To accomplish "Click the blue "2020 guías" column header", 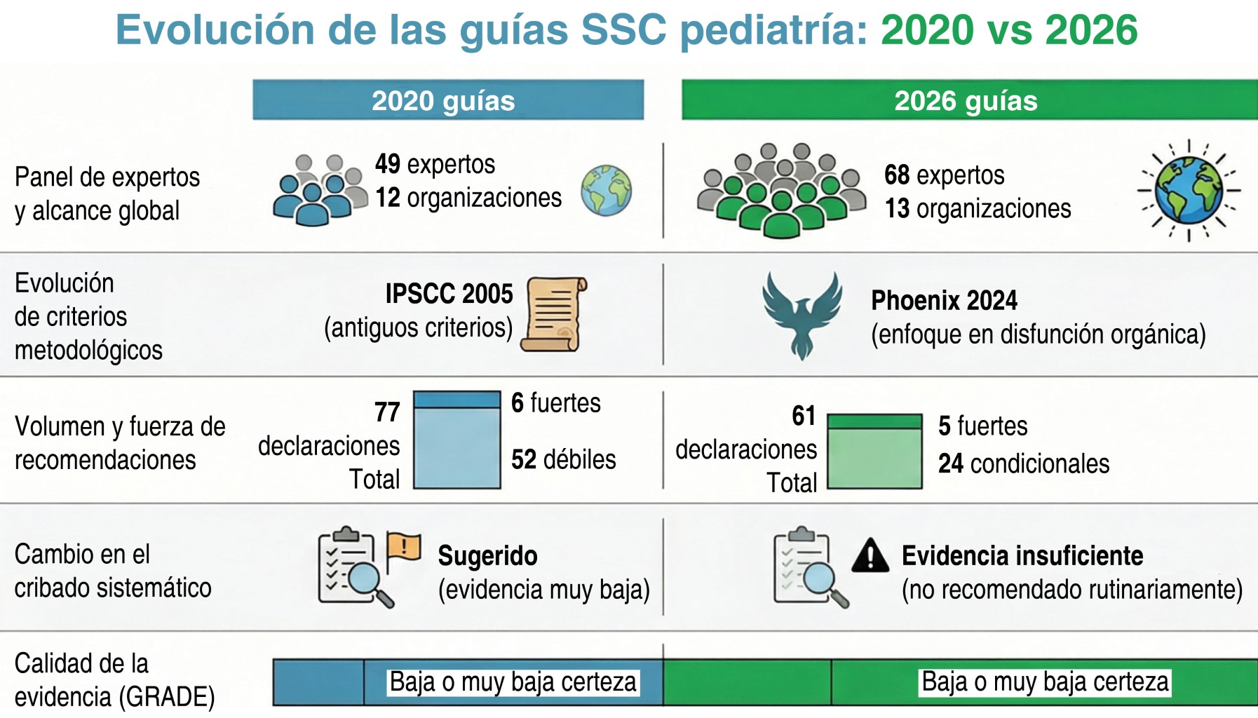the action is [x=448, y=100].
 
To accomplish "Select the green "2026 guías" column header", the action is [x=970, y=100].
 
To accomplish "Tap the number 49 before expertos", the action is [x=388, y=164].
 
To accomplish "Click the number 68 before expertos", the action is [x=897, y=175].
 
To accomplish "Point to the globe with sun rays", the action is [x=1189, y=190].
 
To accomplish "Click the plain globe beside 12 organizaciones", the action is [x=606, y=190].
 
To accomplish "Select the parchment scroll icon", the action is [x=553, y=314].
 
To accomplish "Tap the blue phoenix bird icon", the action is [x=802, y=314].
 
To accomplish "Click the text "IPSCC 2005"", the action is [x=449, y=294].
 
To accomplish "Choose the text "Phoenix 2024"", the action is [x=944, y=301].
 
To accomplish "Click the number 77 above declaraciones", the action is [x=387, y=412].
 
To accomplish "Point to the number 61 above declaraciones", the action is [x=804, y=416].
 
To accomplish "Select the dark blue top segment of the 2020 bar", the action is [x=457, y=400].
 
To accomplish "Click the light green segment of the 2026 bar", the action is [x=875, y=459].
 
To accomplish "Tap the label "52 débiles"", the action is [x=564, y=459].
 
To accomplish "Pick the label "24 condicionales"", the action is [x=1024, y=463].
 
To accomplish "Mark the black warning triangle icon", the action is [x=871, y=555].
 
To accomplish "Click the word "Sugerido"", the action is [x=488, y=556].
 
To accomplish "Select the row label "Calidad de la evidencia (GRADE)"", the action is [x=114, y=680].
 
